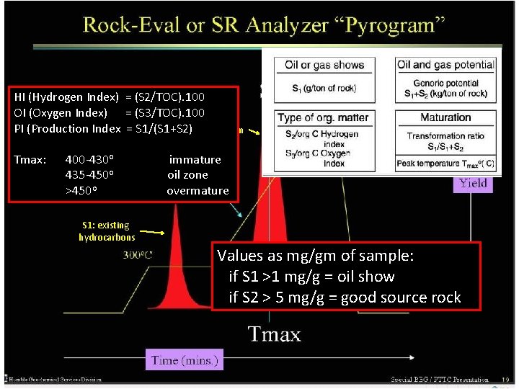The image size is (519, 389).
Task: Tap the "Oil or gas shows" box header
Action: tap(324, 65)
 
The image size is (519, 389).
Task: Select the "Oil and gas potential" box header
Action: tap(445, 65)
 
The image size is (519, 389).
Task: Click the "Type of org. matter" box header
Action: tap(324, 117)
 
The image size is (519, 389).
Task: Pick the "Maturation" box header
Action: tap(445, 117)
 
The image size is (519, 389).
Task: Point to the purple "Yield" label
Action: tap(473, 183)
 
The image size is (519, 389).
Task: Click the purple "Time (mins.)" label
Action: tap(184, 359)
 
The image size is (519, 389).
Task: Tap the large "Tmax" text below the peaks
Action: tap(275, 334)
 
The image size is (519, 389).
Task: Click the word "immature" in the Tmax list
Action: tap(195, 159)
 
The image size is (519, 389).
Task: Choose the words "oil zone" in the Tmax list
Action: tap(187, 175)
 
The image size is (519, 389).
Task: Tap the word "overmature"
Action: tap(198, 191)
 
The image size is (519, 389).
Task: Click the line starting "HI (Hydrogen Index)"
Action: tap(109, 97)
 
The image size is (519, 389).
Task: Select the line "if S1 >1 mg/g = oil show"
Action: tap(311, 277)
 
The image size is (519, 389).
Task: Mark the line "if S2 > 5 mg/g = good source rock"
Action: tap(345, 298)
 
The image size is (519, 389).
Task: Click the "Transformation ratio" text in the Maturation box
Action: tap(445, 136)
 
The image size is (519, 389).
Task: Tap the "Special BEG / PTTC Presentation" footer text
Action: tap(440, 379)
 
